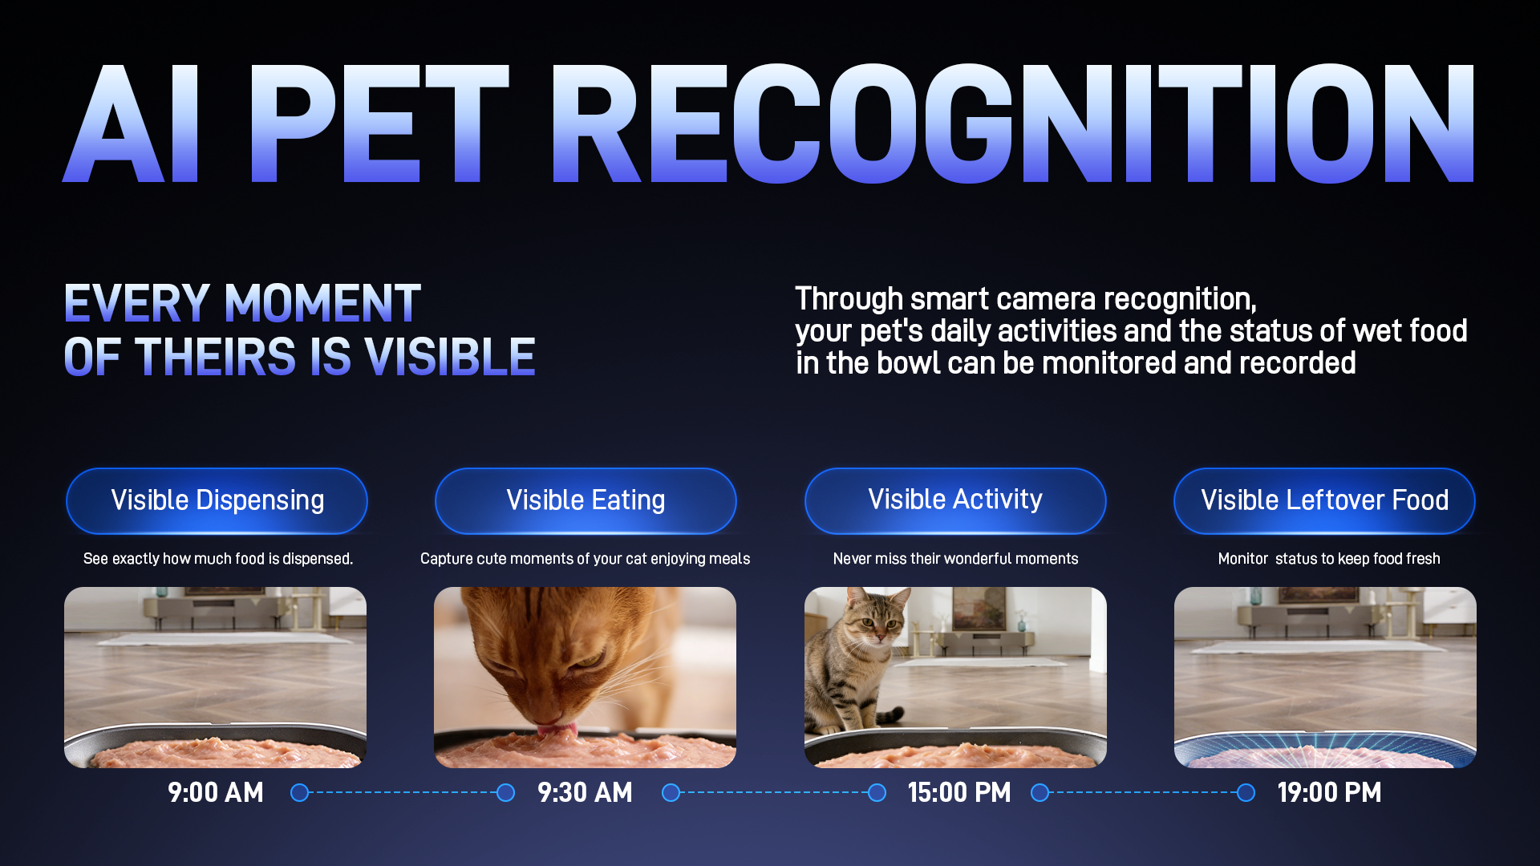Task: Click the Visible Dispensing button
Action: click(217, 500)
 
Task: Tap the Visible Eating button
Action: click(586, 500)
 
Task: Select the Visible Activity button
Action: click(955, 500)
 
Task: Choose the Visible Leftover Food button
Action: click(1324, 500)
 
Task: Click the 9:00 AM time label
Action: click(216, 792)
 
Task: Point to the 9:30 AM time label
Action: click(585, 792)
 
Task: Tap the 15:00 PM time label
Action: click(959, 792)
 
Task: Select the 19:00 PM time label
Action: click(1329, 792)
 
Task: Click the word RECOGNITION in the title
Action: click(1013, 123)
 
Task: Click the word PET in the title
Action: click(379, 123)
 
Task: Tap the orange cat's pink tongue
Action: click(557, 730)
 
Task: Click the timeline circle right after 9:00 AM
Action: click(299, 793)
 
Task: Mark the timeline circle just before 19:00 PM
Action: click(1246, 793)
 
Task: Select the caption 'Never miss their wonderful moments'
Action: click(955, 558)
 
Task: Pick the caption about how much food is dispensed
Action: click(218, 558)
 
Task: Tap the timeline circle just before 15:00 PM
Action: click(877, 793)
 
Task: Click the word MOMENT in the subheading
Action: click(322, 303)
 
